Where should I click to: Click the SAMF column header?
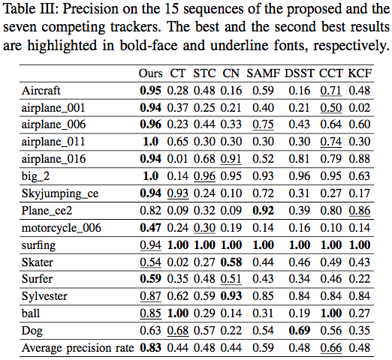pos(263,73)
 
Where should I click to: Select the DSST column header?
pos(300,73)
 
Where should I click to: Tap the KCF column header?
pos(360,73)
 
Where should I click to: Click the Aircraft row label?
pos(41,90)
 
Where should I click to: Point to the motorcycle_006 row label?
pos(62,228)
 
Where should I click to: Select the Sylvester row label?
pos(44,296)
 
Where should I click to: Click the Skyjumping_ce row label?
pos(60,193)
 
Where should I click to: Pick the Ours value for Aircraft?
pos(150,91)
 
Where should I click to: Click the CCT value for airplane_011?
pos(331,142)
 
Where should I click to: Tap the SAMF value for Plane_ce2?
pos(263,211)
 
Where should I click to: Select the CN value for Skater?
pos(231,262)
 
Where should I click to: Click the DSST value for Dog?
pos(300,331)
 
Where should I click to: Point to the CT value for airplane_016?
pos(178,159)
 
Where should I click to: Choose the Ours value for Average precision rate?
pos(150,348)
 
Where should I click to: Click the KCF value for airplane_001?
pos(360,108)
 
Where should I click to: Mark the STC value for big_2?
pos(204,176)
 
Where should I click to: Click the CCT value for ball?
pos(331,313)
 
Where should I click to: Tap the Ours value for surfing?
pos(150,245)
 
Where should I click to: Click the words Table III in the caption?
pos(32,9)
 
